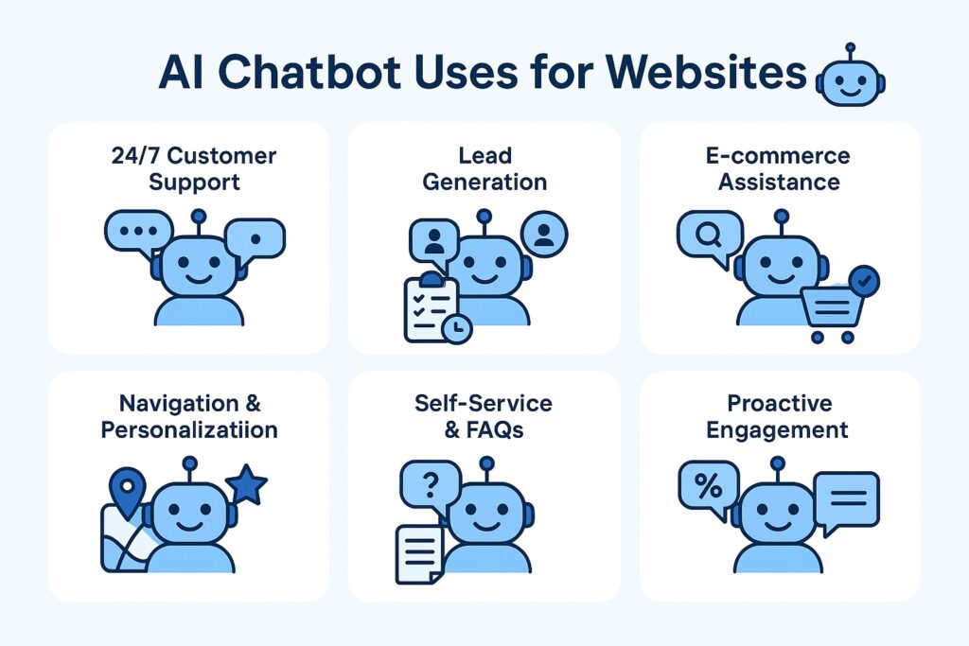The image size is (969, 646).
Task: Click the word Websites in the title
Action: click(x=706, y=72)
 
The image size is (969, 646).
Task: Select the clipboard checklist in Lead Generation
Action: click(x=432, y=308)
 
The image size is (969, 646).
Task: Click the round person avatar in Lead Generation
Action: click(x=544, y=234)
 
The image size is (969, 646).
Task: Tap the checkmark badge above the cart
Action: click(x=864, y=282)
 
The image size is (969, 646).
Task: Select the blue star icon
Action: click(x=247, y=484)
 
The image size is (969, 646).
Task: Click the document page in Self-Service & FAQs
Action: click(x=419, y=554)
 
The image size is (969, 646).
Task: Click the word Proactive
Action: click(x=780, y=403)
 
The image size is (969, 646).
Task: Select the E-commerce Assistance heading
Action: click(x=778, y=168)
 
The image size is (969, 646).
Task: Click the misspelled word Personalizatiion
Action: click(x=189, y=429)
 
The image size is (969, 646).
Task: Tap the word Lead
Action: click(x=485, y=156)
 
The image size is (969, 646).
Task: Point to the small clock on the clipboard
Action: click(x=457, y=328)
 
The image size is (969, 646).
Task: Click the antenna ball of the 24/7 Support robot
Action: click(x=199, y=217)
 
